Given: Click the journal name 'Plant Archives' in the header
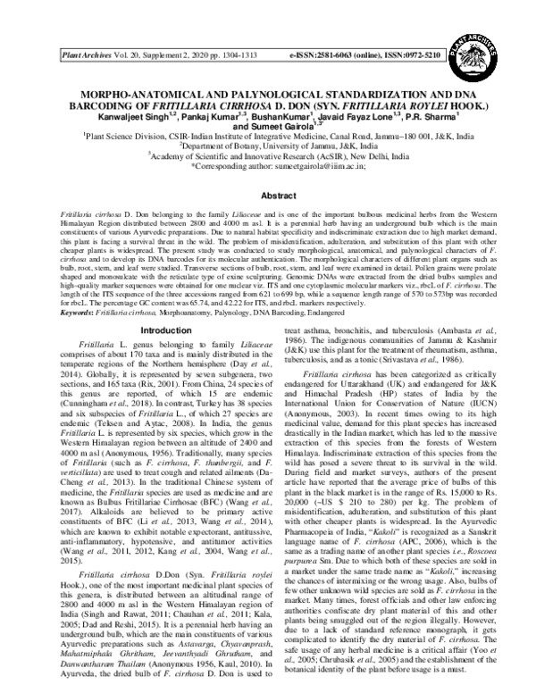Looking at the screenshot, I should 85,55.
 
